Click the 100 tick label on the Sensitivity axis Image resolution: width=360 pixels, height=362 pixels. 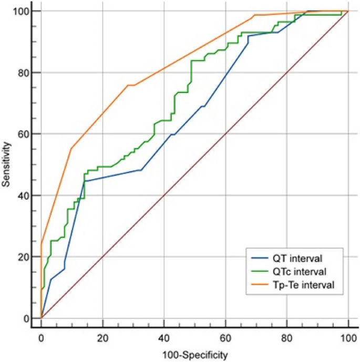point(24,11)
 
